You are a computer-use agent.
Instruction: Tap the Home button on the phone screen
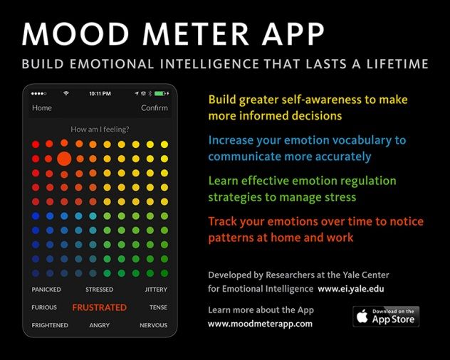point(42,108)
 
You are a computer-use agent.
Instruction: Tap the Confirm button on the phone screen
point(155,108)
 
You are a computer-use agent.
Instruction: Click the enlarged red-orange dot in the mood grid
point(64,158)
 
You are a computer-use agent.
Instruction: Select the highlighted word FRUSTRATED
point(99,308)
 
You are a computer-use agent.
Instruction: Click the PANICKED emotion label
point(46,290)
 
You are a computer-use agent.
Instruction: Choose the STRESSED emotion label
point(99,290)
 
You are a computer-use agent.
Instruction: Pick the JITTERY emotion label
point(156,290)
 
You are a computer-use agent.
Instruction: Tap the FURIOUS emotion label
point(44,308)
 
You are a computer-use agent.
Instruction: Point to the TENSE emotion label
point(158,308)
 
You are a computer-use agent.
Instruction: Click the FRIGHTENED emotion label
point(50,325)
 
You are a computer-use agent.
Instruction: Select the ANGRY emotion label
point(99,325)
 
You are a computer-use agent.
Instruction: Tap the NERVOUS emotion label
point(154,325)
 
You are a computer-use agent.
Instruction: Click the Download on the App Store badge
point(386,316)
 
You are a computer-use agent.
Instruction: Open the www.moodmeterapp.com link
point(260,324)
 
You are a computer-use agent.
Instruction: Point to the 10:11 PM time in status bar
point(100,93)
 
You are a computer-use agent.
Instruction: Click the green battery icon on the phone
point(159,93)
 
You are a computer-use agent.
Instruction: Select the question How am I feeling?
point(99,129)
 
